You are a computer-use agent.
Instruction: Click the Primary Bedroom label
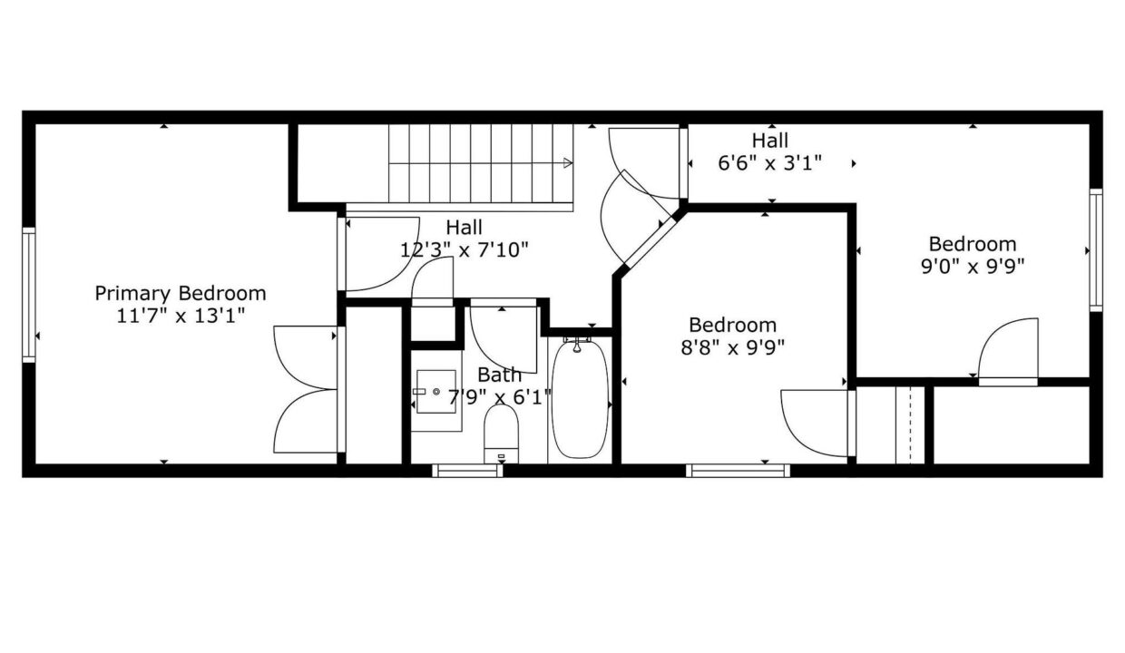point(181,294)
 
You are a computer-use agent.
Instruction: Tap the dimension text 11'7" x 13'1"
point(181,317)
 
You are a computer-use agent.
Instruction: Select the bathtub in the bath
point(580,399)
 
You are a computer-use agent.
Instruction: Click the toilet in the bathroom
point(501,434)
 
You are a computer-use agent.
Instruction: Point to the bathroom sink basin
point(436,392)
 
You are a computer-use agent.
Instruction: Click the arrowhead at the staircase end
point(568,162)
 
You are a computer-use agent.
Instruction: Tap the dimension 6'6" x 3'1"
point(770,163)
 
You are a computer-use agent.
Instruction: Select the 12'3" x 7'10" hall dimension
point(465,249)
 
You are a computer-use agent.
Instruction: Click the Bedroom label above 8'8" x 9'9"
point(732,326)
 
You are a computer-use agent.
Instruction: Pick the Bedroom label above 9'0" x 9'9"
point(973,245)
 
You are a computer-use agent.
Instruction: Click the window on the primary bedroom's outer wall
point(29,295)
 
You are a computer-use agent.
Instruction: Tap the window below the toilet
point(467,471)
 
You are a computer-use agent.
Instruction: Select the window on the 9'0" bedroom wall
point(1096,250)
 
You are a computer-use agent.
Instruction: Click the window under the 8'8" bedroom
point(738,471)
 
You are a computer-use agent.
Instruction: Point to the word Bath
point(499,375)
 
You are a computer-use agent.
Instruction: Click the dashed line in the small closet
point(910,425)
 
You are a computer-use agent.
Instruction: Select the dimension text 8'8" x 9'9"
point(733,347)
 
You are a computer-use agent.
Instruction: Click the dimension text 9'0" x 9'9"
point(973,267)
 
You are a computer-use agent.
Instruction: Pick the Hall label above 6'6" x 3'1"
point(770,141)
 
